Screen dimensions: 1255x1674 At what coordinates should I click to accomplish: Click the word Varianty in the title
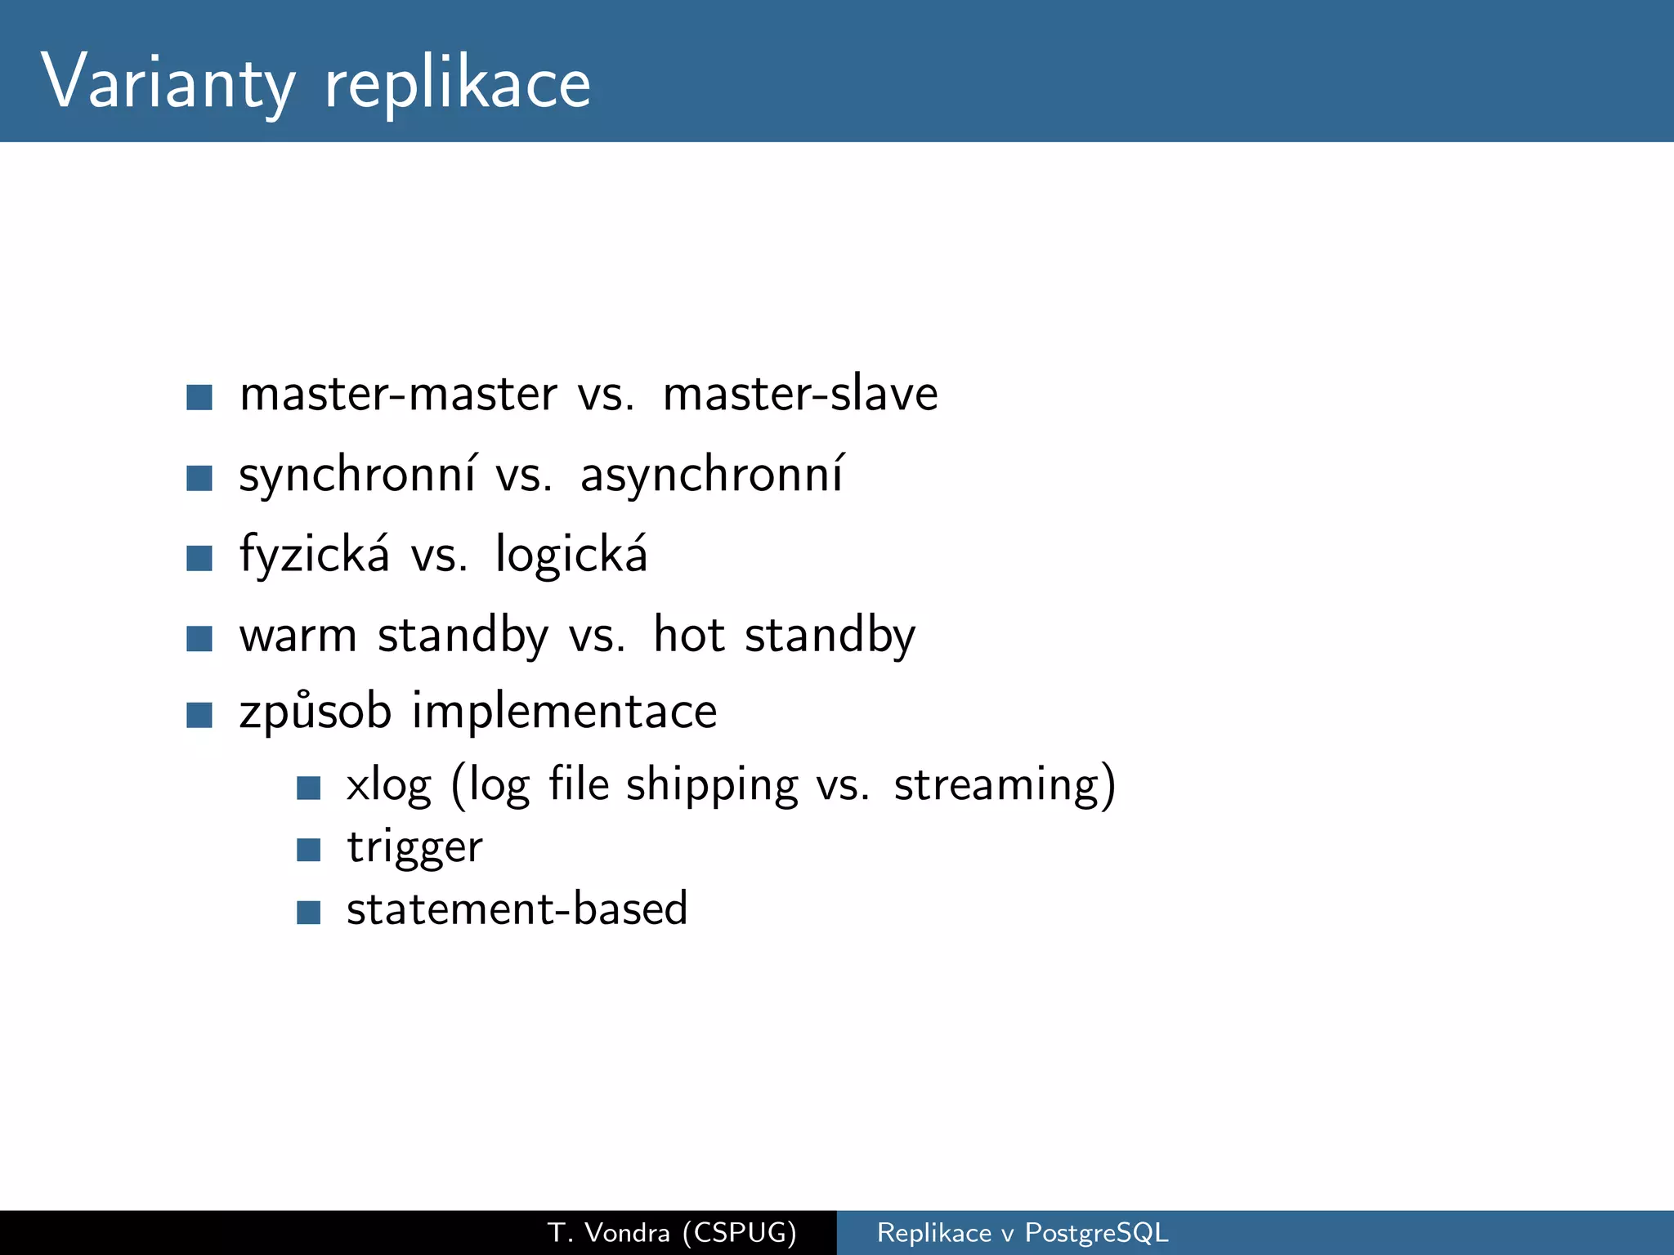(168, 82)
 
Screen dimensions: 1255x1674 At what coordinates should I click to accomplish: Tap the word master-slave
(800, 394)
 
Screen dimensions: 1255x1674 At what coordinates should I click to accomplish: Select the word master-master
(399, 394)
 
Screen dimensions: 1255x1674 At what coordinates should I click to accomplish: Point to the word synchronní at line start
(356, 475)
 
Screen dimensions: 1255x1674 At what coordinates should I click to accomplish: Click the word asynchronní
(711, 475)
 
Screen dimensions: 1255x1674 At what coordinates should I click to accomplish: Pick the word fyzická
(315, 555)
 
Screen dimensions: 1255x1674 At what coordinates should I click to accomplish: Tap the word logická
(571, 555)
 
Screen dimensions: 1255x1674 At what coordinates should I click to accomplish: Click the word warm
(298, 635)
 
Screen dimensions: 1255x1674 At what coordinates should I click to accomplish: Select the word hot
(689, 635)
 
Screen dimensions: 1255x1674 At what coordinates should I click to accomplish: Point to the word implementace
(564, 711)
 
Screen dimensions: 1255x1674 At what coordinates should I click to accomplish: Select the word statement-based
(517, 909)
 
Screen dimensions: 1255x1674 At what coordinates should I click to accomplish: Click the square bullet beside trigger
(308, 851)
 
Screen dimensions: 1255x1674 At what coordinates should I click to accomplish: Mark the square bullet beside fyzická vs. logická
(199, 558)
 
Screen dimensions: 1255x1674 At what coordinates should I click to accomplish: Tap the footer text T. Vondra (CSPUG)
(672, 1232)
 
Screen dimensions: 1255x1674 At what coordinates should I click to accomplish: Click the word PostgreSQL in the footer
(1096, 1232)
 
